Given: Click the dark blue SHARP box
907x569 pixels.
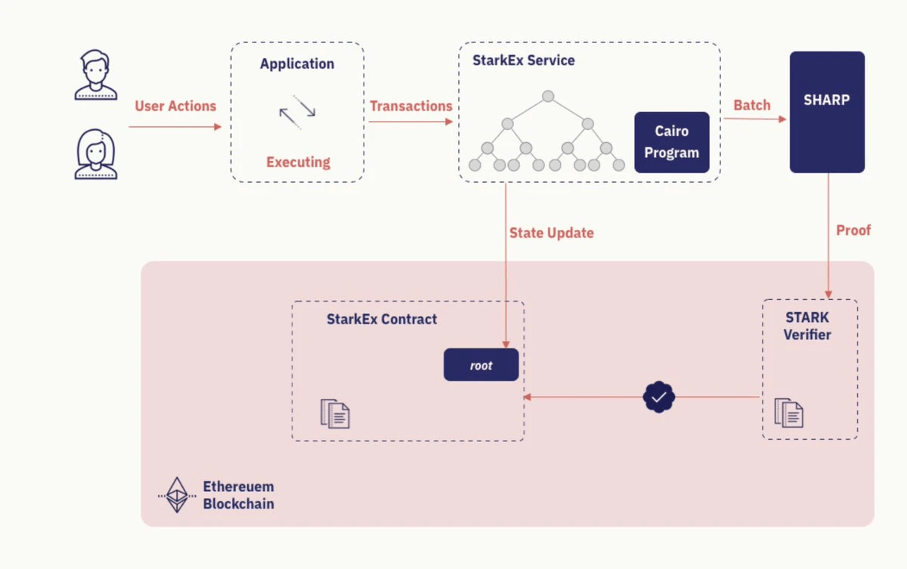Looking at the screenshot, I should coord(827,112).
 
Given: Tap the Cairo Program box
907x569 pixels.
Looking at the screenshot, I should coord(671,142).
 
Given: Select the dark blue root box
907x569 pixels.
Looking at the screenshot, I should coord(481,365).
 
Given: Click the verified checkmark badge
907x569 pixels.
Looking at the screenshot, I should coord(658,397).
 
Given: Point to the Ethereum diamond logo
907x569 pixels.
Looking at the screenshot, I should coord(177,495).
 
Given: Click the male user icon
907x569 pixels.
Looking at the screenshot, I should coord(96,75).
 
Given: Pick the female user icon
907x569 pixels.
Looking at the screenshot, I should coord(96,155).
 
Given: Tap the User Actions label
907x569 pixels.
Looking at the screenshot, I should coord(175,107).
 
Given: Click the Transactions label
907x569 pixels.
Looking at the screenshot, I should coord(410,107).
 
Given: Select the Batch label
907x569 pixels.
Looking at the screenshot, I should coord(752,106).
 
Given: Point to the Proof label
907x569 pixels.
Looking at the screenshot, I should coord(853,230).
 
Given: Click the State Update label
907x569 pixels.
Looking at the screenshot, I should coord(551,233).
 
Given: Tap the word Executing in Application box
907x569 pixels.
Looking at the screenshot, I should coord(298,162).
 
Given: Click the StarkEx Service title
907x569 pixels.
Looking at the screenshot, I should coord(523,61).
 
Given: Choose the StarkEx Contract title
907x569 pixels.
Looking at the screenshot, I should coord(382,319).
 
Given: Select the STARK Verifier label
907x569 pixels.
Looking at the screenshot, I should coord(806,326).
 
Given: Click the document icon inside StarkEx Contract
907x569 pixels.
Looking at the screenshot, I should coord(335,413).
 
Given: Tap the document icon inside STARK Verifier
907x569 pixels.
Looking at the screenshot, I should coord(788,413).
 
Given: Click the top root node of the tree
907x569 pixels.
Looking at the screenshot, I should coord(549,96).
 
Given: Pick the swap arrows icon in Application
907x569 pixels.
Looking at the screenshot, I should coord(297,112).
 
